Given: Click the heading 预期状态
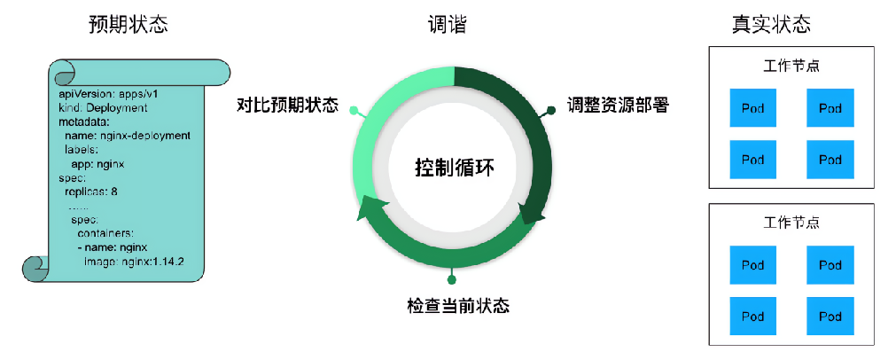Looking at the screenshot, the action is pos(128,25).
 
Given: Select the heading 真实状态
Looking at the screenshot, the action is pos(770,25).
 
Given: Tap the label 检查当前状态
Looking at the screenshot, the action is pos(458,307).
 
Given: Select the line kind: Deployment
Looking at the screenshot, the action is pos(103,107).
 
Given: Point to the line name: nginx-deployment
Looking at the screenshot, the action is pos(128,136).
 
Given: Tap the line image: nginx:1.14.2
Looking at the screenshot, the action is pos(134,262).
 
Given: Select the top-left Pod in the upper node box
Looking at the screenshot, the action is pos(752,108).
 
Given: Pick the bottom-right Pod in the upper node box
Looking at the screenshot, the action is pos(830,160).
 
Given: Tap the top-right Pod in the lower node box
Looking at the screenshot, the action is pos(830,264).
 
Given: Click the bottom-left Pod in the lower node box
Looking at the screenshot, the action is pos(752,316).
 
